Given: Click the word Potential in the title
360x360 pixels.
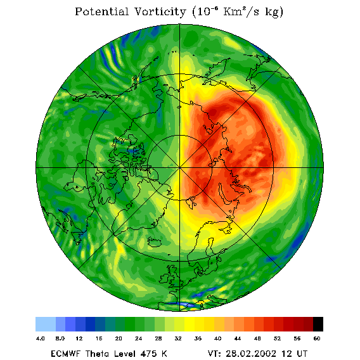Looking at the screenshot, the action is (x=102, y=11).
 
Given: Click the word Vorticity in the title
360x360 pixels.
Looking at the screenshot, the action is (x=160, y=11).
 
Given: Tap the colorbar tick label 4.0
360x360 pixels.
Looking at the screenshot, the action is (x=41, y=338).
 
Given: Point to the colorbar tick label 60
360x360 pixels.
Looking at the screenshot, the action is (x=317, y=338).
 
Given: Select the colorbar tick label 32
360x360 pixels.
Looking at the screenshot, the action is (x=178, y=338).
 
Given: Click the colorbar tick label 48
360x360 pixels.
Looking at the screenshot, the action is (x=257, y=338).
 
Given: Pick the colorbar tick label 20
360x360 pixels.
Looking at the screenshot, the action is (x=119, y=338).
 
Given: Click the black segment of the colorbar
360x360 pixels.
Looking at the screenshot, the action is (x=318, y=324).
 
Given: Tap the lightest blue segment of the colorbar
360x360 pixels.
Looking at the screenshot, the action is (x=46, y=324).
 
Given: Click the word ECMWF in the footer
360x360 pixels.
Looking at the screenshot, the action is (x=65, y=354).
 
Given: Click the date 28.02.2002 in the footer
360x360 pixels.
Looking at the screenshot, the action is (x=251, y=354).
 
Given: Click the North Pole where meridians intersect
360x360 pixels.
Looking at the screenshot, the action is (x=179, y=167).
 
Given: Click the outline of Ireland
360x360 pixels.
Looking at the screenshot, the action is (x=164, y=278).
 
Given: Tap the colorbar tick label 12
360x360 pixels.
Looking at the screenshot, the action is (x=79, y=338).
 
